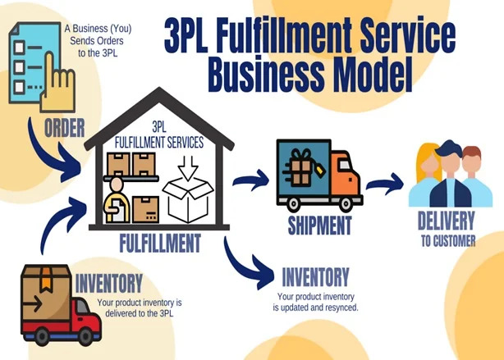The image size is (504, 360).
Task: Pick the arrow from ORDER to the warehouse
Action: click(x=49, y=156)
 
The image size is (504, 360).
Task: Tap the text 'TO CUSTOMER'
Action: click(x=447, y=241)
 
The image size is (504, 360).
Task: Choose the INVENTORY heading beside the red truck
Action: click(x=108, y=285)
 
